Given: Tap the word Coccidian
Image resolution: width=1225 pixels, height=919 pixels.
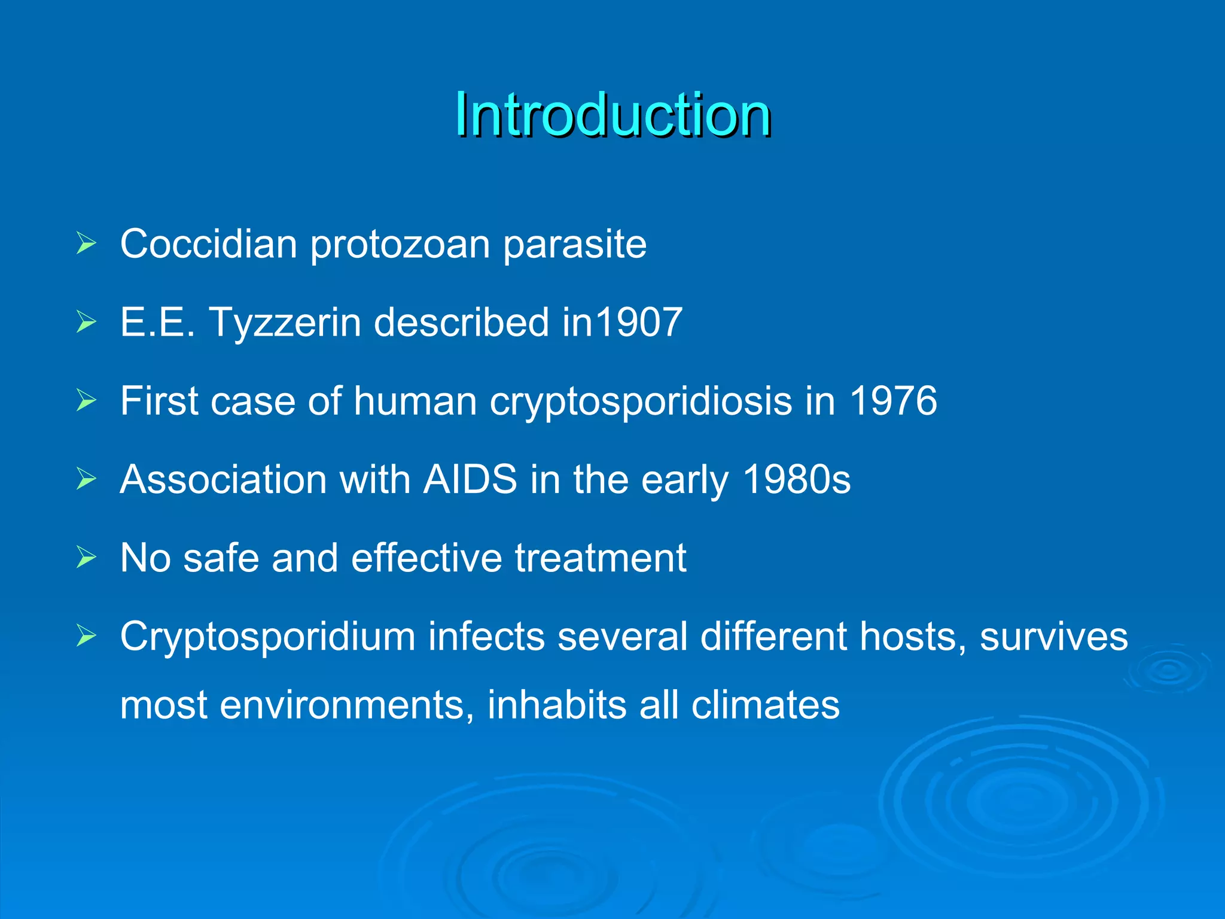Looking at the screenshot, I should (x=208, y=244).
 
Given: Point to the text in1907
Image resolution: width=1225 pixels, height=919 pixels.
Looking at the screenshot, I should (x=622, y=322).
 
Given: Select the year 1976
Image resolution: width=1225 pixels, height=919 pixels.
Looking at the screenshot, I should (x=893, y=400).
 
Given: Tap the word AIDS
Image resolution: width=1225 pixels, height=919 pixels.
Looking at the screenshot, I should (x=470, y=479).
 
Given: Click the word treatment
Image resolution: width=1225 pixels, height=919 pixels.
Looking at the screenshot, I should (x=601, y=558).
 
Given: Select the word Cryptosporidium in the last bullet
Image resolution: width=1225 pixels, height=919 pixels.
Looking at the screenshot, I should (x=267, y=637).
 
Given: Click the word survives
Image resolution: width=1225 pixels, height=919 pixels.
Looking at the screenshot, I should (x=1054, y=636).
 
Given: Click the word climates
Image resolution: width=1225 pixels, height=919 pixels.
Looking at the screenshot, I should (x=766, y=704).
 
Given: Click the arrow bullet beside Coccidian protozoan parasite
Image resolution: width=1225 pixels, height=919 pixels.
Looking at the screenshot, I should (x=86, y=244).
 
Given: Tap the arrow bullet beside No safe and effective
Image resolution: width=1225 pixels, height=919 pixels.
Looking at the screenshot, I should (x=86, y=558).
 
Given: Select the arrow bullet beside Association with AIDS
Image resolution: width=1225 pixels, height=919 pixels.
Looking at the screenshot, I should (x=86, y=479).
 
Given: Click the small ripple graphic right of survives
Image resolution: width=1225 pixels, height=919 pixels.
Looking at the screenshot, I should (x=1168, y=670).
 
